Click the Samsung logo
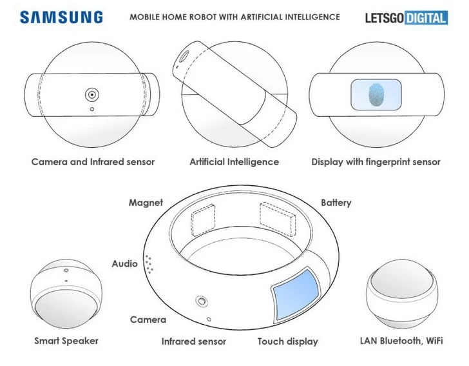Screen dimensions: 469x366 pyautogui.click(x=61, y=17)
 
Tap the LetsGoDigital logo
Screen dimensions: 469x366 pyautogui.click(x=407, y=18)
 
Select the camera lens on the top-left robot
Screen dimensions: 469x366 pyautogui.click(x=92, y=95)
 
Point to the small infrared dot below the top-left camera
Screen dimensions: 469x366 pyautogui.click(x=92, y=109)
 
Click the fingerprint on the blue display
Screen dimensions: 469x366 pyautogui.click(x=376, y=95)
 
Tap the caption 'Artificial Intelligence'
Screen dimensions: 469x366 pyautogui.click(x=235, y=162)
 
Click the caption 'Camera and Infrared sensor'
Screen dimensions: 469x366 pyautogui.click(x=93, y=162)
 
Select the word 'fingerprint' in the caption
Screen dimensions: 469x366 pyautogui.click(x=383, y=162)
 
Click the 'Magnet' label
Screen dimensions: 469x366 pyautogui.click(x=146, y=203)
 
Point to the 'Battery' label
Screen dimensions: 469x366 pyautogui.click(x=336, y=203)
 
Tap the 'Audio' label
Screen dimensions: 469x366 pyautogui.click(x=125, y=264)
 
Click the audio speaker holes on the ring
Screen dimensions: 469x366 pyautogui.click(x=149, y=265)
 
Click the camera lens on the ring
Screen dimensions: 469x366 pyautogui.click(x=202, y=301)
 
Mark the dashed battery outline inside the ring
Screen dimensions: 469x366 pyautogui.click(x=278, y=219)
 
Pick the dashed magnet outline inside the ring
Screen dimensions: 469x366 pyautogui.click(x=203, y=219)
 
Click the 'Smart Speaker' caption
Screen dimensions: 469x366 pyautogui.click(x=66, y=341)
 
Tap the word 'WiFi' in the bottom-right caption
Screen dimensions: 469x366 pyautogui.click(x=434, y=341)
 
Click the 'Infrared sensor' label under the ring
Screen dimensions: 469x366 pyautogui.click(x=193, y=341)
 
